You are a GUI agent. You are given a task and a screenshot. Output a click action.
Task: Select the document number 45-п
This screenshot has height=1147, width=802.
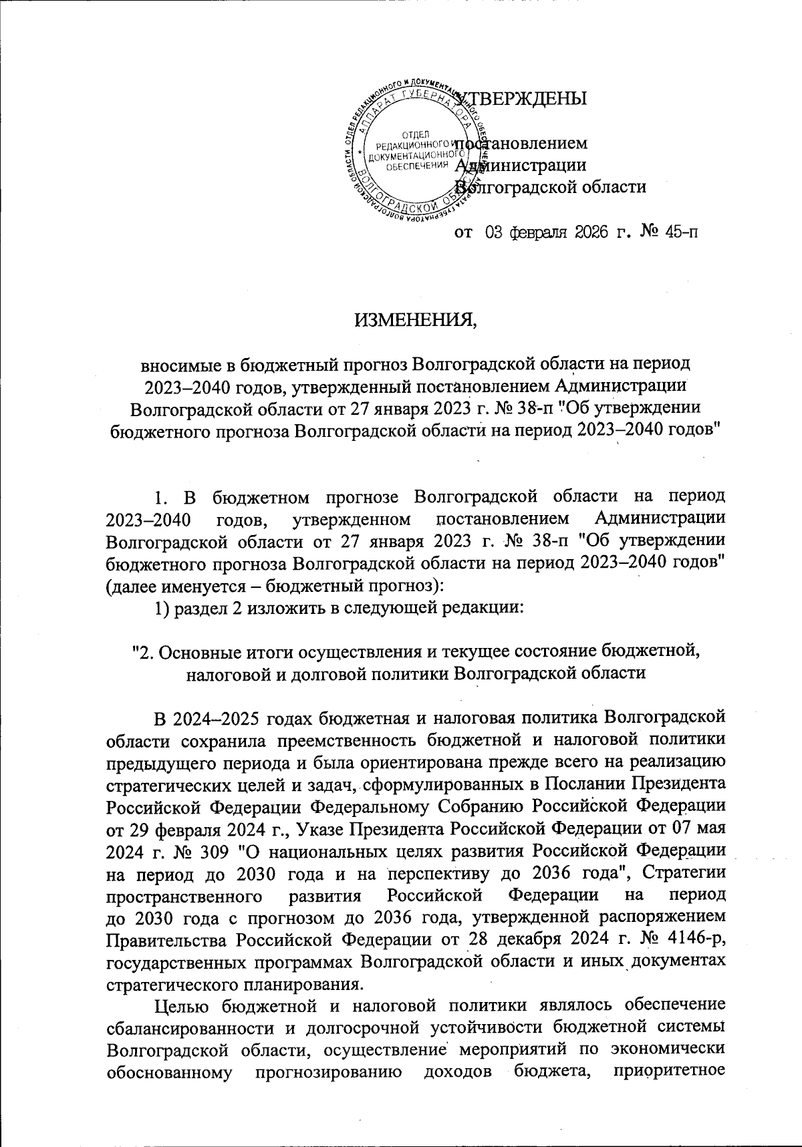point(670,233)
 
